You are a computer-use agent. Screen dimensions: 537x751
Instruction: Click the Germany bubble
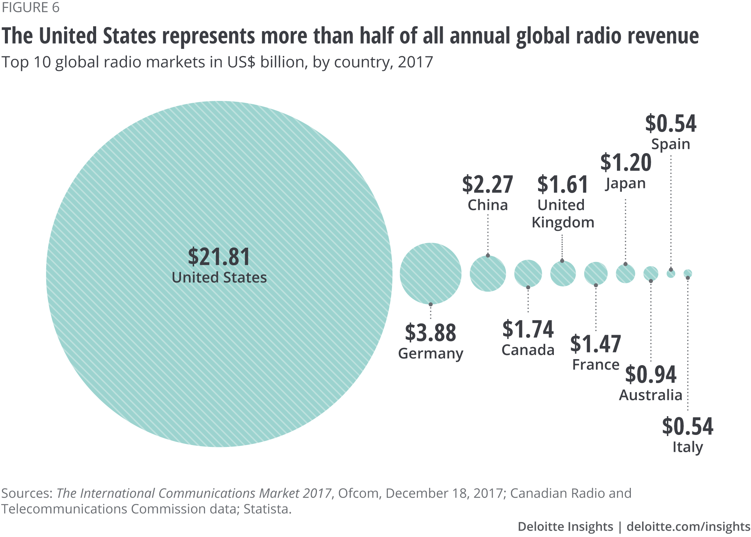[430, 274]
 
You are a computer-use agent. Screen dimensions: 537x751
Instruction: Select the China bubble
[488, 274]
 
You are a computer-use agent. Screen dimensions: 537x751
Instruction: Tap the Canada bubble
[528, 274]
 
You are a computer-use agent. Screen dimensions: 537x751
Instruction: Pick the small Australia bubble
[651, 274]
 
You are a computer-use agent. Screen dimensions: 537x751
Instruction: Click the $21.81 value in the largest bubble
[219, 257]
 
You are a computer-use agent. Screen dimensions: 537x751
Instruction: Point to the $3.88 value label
[430, 333]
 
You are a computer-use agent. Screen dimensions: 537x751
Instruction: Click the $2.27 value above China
[487, 185]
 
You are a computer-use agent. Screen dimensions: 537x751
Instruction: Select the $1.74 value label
[528, 329]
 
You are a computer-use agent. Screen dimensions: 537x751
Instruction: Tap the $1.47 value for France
[596, 344]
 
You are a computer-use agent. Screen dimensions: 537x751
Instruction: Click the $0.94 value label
[651, 374]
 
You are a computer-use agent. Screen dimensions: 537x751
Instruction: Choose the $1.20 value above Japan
[626, 162]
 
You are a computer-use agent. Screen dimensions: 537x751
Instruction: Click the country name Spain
[671, 144]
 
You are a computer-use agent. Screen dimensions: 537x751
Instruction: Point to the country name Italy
[688, 447]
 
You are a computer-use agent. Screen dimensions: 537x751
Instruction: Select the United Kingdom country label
[562, 214]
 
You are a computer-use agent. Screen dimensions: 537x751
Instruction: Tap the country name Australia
[651, 395]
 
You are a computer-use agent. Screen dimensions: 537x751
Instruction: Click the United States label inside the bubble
[219, 278]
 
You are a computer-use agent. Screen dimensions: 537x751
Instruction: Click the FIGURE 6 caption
[30, 8]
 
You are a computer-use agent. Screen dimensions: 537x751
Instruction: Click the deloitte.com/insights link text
[688, 526]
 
